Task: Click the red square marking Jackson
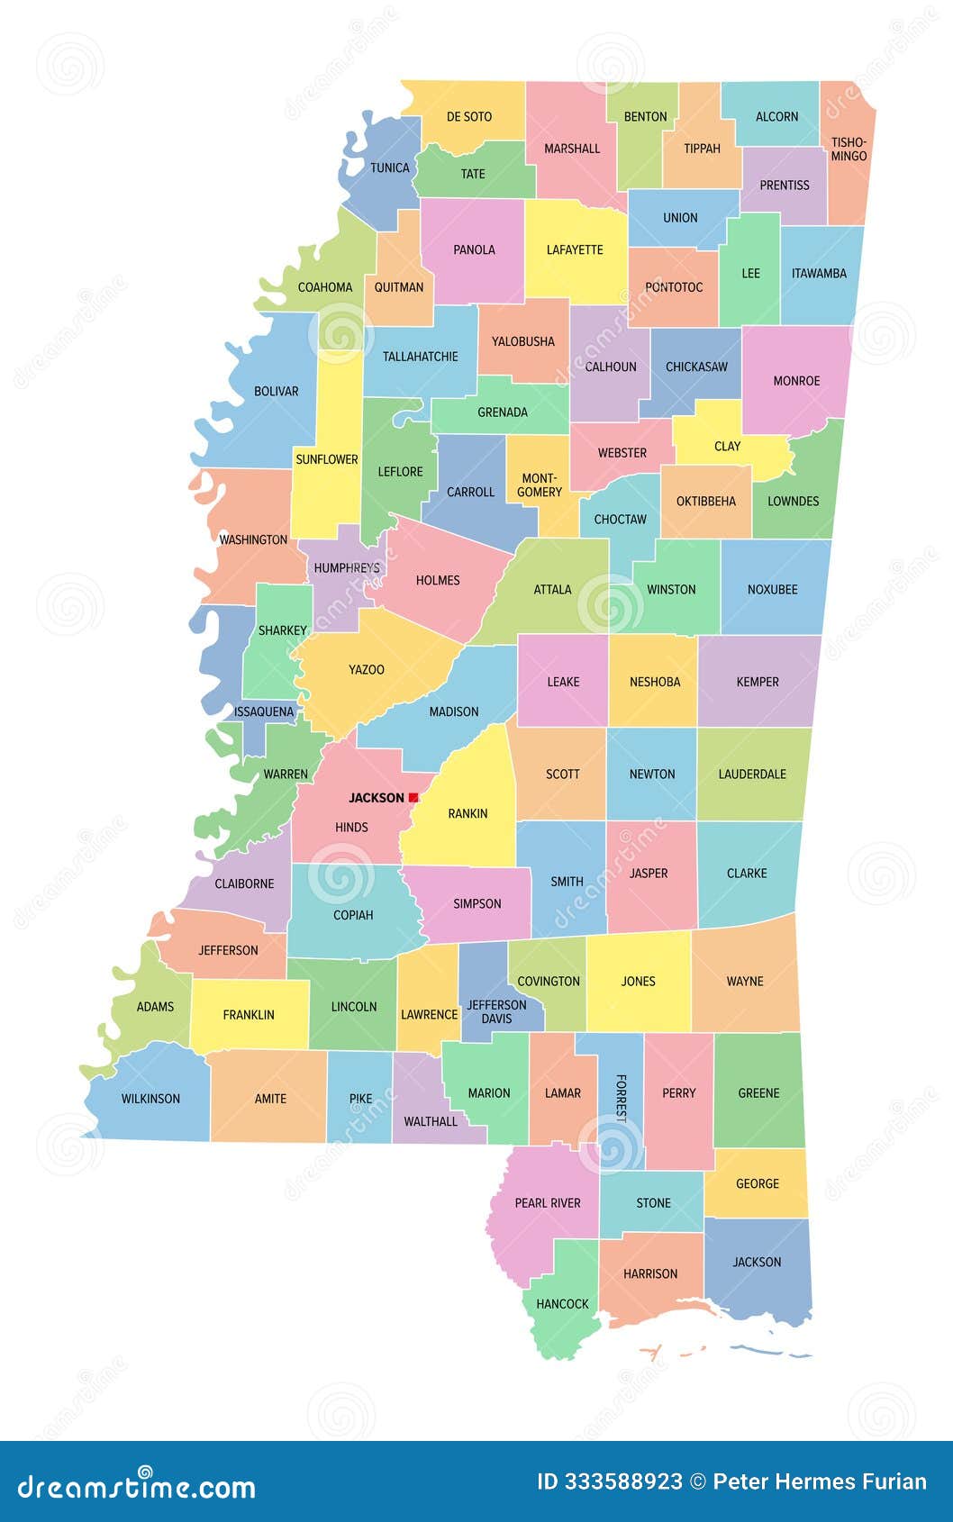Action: [x=413, y=797]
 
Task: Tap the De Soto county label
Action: [x=469, y=116]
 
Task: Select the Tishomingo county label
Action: [x=849, y=149]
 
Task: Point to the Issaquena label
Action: [x=264, y=711]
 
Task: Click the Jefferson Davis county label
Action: [x=496, y=1011]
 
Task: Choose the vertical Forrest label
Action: [x=621, y=1098]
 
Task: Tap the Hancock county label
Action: [x=562, y=1303]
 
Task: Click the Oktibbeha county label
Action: [x=706, y=501]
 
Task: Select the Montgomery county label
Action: [x=540, y=485]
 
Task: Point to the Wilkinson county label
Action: [x=150, y=1099]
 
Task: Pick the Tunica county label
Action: [x=390, y=168]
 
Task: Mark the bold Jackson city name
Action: [x=377, y=798]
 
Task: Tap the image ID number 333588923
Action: [x=622, y=1481]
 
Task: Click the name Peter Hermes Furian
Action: [x=819, y=1481]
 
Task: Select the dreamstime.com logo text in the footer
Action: [x=137, y=1486]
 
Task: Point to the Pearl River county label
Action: [x=548, y=1202]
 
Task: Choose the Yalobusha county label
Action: [x=523, y=341]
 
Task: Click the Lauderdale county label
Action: [x=752, y=774]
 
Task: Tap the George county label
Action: [x=758, y=1183]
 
